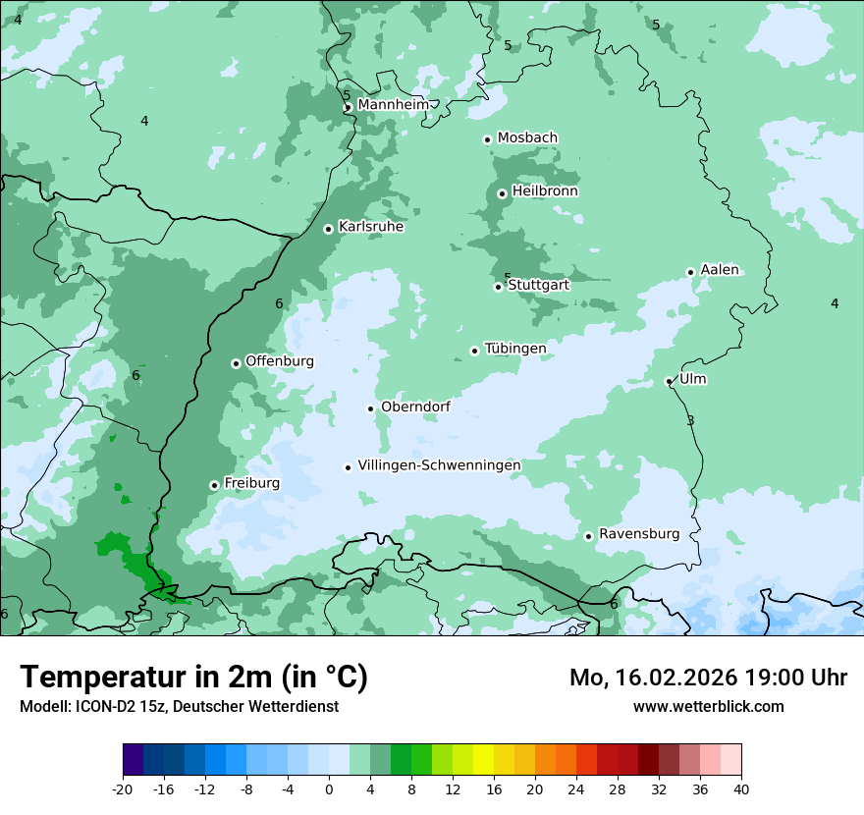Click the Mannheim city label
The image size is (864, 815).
(x=393, y=105)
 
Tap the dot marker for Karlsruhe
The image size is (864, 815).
(x=329, y=229)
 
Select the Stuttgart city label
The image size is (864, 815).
(x=538, y=285)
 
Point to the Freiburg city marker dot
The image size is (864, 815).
(x=214, y=485)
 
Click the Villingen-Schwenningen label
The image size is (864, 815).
(x=439, y=465)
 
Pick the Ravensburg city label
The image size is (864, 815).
(x=638, y=534)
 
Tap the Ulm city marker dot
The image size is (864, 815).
(x=669, y=381)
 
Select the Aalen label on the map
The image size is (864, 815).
(x=719, y=270)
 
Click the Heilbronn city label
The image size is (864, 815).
(x=545, y=191)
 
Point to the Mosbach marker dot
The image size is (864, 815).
(x=487, y=139)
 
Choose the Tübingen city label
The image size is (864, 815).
(x=514, y=349)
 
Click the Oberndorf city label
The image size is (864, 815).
(x=415, y=407)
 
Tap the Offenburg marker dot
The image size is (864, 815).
(x=236, y=363)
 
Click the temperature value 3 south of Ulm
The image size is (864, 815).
(x=690, y=420)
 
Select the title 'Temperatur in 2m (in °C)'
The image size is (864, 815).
(x=193, y=677)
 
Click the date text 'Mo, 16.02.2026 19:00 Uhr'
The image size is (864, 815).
(x=708, y=678)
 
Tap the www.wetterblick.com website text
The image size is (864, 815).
(x=708, y=706)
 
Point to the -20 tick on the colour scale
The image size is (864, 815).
(x=123, y=788)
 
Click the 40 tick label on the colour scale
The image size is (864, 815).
(x=740, y=788)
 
